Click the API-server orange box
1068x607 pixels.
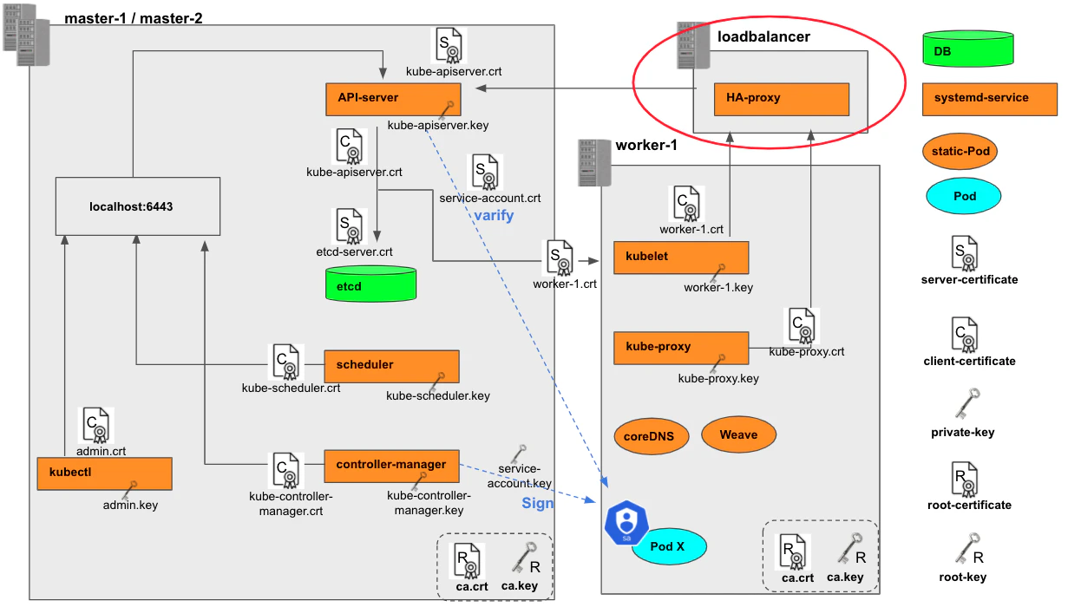pos(393,99)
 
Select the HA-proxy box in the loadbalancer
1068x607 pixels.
pos(782,99)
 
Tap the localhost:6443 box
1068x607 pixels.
pos(138,206)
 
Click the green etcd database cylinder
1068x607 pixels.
pos(371,284)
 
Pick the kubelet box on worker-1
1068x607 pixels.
pos(681,258)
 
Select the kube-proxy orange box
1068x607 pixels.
pos(681,348)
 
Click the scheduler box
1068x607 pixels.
pos(391,367)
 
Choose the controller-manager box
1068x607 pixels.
pos(391,466)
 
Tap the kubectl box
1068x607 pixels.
pos(104,473)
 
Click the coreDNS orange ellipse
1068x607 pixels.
pos(652,436)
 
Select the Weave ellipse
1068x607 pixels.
pos(738,434)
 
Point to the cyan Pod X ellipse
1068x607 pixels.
pos(669,546)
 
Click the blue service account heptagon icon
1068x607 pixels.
pos(626,522)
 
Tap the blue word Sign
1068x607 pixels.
pos(537,503)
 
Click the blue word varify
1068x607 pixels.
pos(494,215)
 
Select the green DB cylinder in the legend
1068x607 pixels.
pos(968,49)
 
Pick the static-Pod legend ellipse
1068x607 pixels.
pos(960,152)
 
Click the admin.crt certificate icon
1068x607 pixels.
pos(96,425)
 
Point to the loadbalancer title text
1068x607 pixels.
pos(763,36)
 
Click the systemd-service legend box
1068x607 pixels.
pos(990,99)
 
